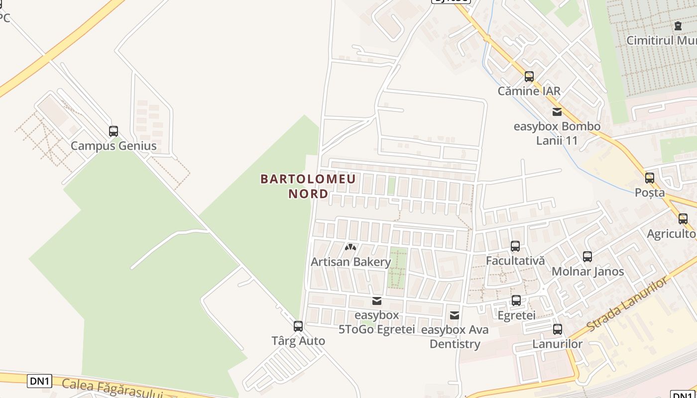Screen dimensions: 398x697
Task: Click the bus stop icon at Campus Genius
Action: coord(114,131)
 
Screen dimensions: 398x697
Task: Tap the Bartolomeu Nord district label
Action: coord(308,186)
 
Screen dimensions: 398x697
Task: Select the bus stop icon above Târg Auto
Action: coord(298,326)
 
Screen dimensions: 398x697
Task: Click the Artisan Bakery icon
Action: coord(350,247)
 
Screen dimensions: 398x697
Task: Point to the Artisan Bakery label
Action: coord(350,262)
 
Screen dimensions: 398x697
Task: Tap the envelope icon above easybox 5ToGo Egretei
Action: coord(377,301)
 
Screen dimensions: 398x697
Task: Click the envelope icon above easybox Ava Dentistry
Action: coord(455,315)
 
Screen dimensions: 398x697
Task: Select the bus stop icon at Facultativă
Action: coord(515,246)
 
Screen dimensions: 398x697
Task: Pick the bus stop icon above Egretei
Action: coord(516,300)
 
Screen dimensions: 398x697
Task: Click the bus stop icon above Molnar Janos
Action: coord(587,257)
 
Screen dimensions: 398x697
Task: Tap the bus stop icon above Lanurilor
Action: coord(558,329)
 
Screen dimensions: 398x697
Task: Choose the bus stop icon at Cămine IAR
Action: coord(529,77)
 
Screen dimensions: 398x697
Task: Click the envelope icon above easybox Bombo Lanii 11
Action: coord(557,112)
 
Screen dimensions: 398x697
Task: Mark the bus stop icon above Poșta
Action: coord(650,178)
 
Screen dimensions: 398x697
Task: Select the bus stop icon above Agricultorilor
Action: coord(683,219)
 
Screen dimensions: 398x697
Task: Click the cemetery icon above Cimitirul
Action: coord(677,25)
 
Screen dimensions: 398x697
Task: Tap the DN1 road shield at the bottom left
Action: coord(39,381)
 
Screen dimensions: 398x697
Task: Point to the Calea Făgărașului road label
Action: coord(113,388)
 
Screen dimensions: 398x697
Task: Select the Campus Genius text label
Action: coord(114,146)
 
